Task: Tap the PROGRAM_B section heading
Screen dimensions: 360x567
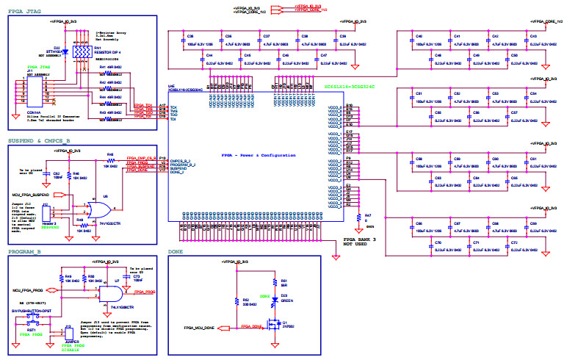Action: point(26,251)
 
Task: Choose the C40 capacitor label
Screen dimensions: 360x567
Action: point(418,36)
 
